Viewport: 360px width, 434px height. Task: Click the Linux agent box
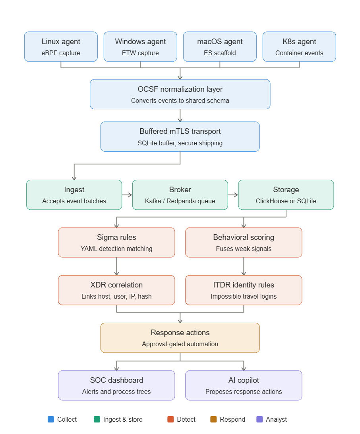click(61, 46)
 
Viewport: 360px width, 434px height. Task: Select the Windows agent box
click(140, 46)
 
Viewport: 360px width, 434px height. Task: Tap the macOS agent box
click(220, 46)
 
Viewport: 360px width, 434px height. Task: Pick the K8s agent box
click(299, 46)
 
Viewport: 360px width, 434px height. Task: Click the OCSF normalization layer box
click(180, 95)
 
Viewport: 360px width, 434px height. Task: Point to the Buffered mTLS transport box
click(180, 137)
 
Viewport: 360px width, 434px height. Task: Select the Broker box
click(180, 195)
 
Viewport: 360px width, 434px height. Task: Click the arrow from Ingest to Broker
click(127, 195)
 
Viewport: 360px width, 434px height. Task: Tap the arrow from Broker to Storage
click(233, 195)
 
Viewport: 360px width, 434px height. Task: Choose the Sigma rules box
click(116, 243)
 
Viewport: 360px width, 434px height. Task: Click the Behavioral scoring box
click(244, 243)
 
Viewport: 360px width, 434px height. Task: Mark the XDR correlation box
click(116, 290)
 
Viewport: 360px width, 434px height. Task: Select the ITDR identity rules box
click(244, 290)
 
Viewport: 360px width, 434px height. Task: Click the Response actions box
click(180, 338)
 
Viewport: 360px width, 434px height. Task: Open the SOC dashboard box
click(116, 386)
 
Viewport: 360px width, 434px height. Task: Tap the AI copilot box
click(244, 386)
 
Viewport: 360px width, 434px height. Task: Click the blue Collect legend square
click(51, 419)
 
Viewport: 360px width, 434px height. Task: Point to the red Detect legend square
click(170, 419)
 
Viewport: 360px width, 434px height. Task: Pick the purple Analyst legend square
click(259, 419)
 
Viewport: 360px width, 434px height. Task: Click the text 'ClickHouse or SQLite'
click(286, 201)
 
